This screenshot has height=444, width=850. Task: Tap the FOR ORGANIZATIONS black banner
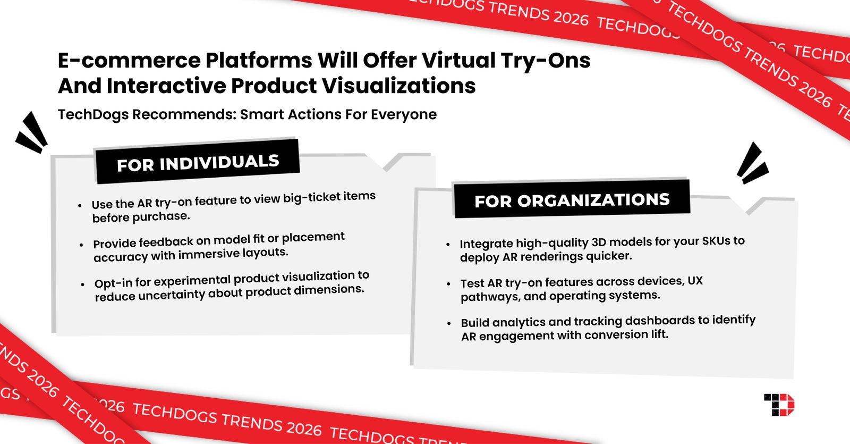[x=572, y=200]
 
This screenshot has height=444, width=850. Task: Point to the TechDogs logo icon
[x=779, y=405]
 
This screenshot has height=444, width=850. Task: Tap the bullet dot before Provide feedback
[x=81, y=245]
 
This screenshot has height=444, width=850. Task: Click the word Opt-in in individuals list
[x=113, y=283]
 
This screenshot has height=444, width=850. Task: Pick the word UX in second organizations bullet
[x=695, y=280]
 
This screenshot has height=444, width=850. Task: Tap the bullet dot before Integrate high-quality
[x=448, y=245]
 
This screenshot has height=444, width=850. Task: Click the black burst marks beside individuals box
[x=31, y=132]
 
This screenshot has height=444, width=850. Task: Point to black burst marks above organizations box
[x=752, y=163]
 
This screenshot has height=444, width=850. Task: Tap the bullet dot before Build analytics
[x=449, y=323]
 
